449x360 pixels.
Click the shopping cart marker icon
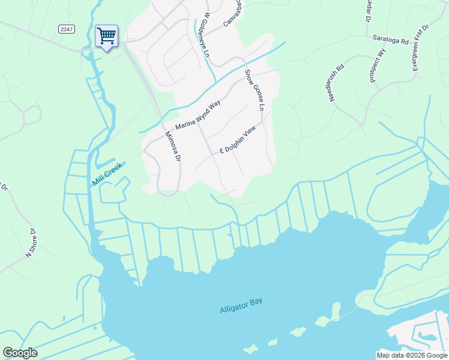(x=106, y=36)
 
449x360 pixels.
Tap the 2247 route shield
(x=67, y=29)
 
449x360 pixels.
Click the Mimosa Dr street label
(x=172, y=149)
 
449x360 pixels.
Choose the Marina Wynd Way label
(x=198, y=115)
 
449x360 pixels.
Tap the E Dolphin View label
(x=238, y=139)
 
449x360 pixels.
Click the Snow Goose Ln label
(x=254, y=90)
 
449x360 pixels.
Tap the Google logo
(x=20, y=353)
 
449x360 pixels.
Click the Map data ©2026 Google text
(x=411, y=355)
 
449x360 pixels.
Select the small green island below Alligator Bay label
(x=297, y=332)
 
